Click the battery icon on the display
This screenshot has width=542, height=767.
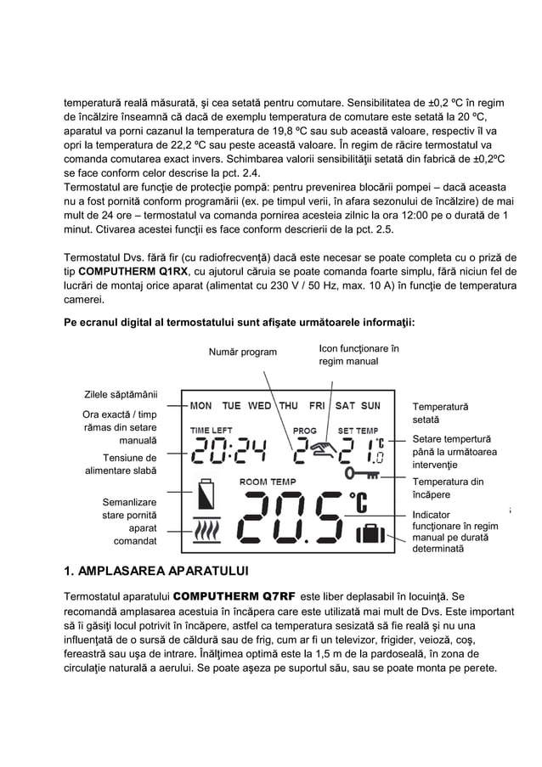click(x=206, y=495)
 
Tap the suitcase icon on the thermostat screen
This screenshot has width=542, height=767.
click(x=370, y=535)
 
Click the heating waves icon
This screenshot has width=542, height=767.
click(x=207, y=532)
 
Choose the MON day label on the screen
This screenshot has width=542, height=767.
click(x=201, y=406)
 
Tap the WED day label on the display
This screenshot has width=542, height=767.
click(x=259, y=406)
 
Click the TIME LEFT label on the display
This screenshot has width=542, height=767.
click(x=212, y=430)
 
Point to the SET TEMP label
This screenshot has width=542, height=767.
click(x=359, y=430)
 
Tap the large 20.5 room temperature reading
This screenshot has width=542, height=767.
click(x=293, y=520)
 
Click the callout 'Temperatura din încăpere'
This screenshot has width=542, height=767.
click(x=447, y=488)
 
